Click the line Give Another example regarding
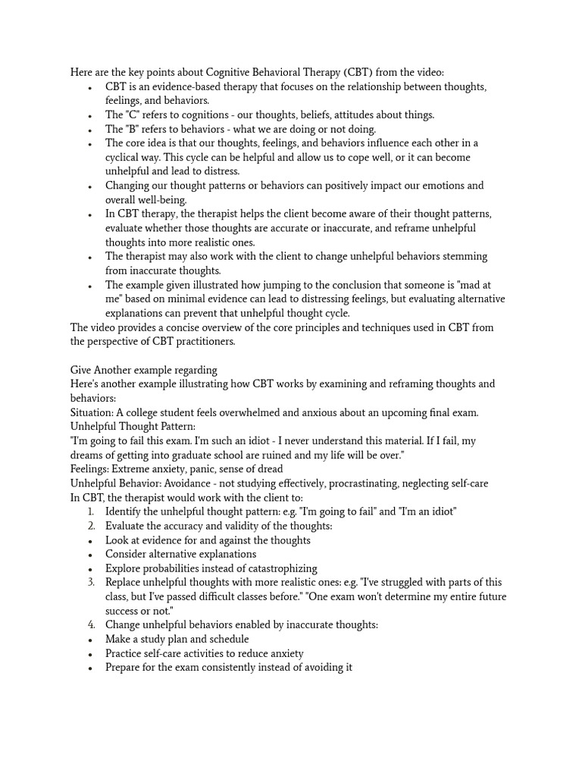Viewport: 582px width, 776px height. (144, 370)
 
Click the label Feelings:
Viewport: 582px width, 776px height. (91, 469)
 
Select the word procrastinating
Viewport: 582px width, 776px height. (368, 483)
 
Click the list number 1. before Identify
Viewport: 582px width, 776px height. (91, 512)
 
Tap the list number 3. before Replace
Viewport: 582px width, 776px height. (91, 582)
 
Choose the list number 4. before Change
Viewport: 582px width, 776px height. (91, 625)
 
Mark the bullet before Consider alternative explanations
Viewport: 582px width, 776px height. (91, 555)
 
